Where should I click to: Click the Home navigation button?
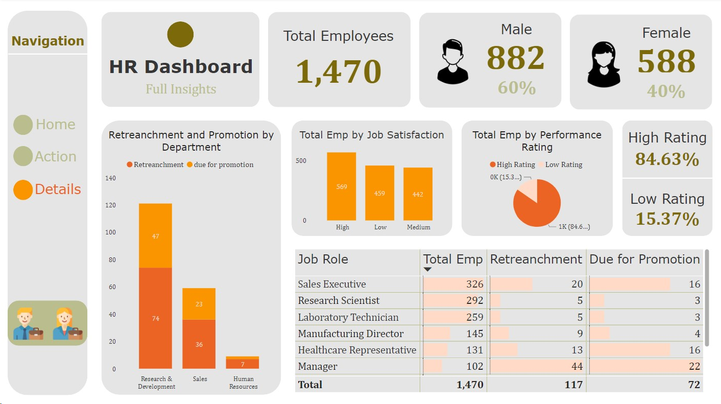coord(45,125)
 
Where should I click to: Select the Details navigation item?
coord(47,189)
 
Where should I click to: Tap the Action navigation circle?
coord(23,157)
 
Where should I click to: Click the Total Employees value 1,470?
coord(339,71)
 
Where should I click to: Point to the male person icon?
coord(452,62)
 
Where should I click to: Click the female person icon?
coord(604,64)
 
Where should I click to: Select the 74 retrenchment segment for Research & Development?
coord(155,318)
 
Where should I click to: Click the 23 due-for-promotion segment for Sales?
coord(199,304)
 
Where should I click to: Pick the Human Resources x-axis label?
coord(243,383)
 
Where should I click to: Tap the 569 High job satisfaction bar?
coord(342,186)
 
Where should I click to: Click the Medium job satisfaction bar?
coord(418,194)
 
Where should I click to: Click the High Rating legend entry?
coord(512,164)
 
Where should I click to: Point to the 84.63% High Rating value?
coord(667,159)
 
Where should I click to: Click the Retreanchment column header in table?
coord(536,259)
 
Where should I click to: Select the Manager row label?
coord(318,366)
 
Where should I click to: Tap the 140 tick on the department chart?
coord(111,178)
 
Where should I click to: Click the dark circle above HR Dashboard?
coord(180,35)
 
